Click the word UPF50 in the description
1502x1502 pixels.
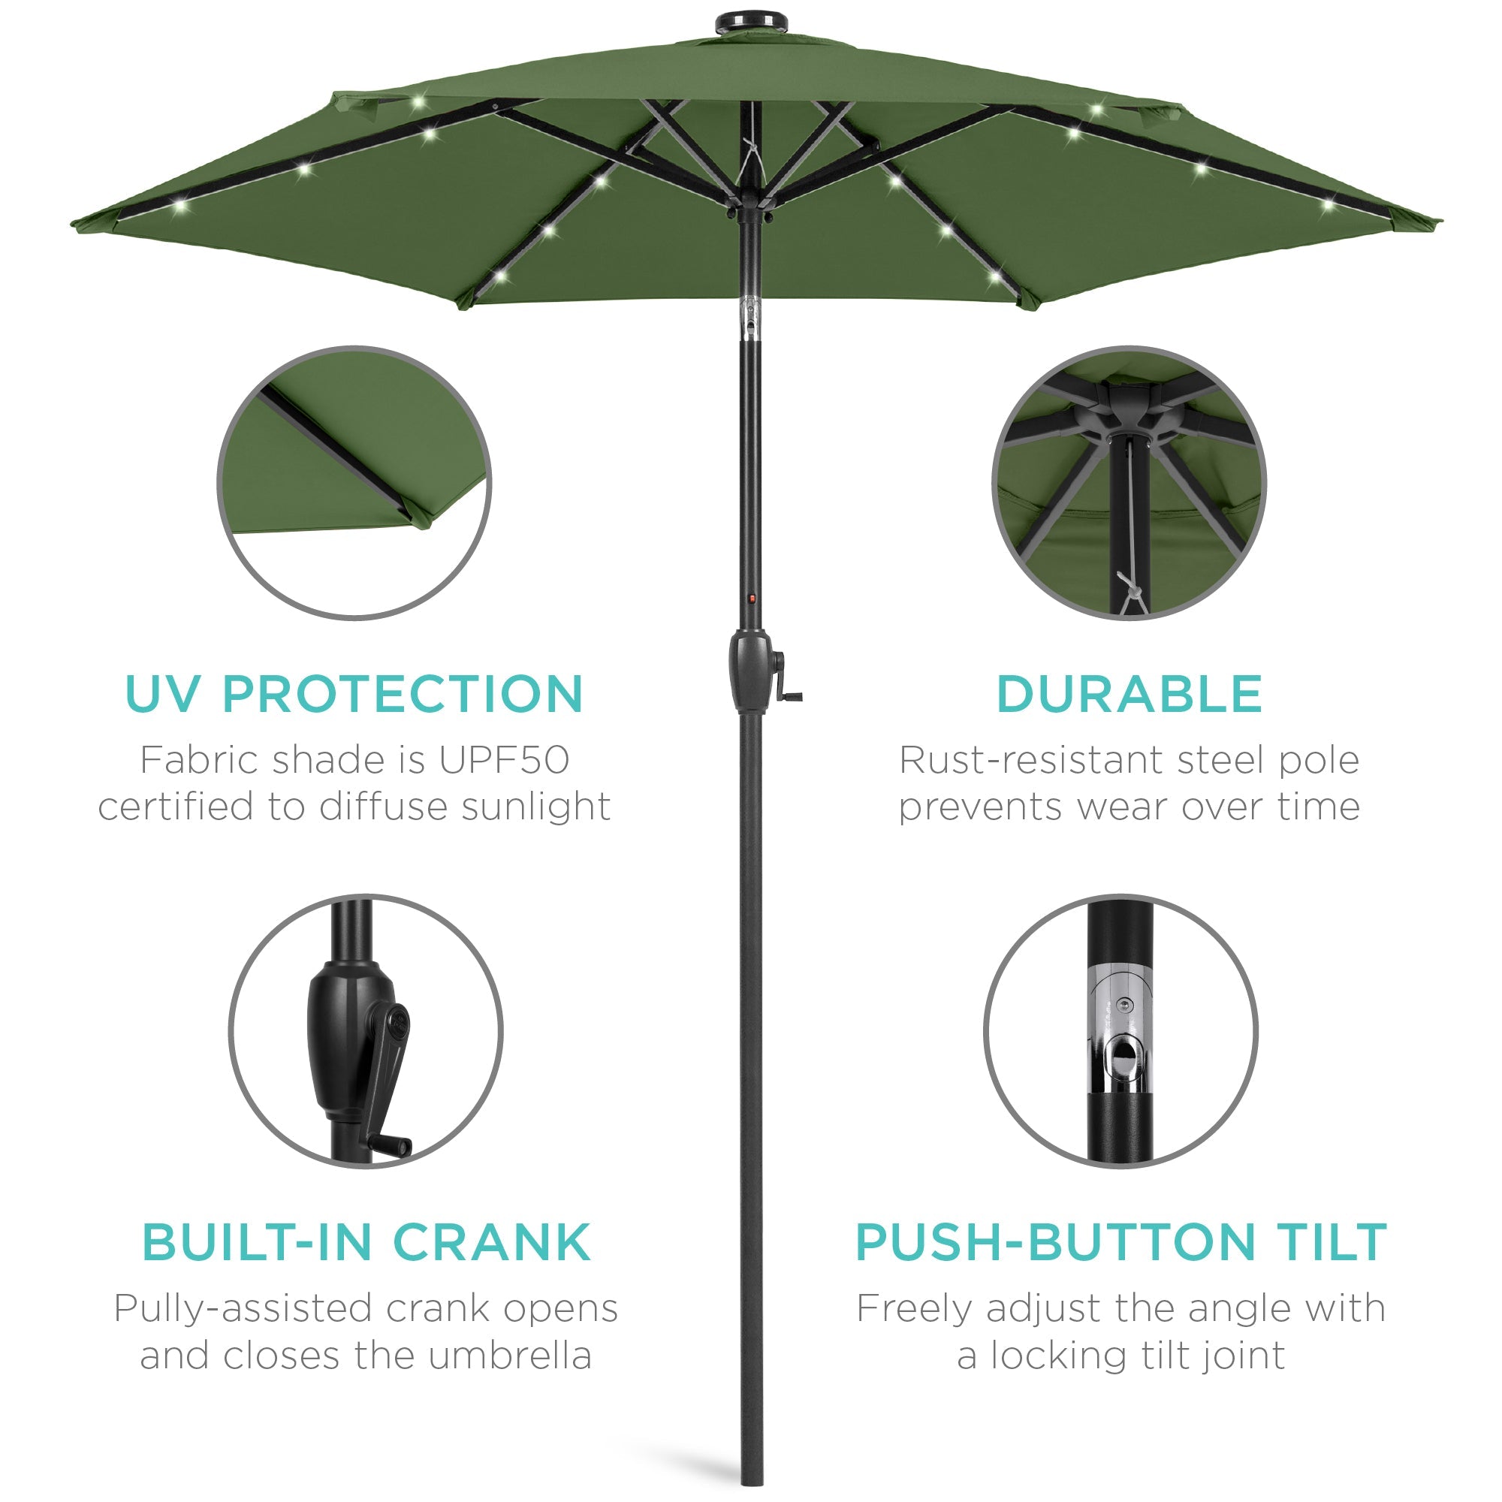504,760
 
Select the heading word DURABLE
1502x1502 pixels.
1129,694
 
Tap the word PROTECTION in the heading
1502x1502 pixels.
403,694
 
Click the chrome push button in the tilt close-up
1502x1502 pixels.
1122,1057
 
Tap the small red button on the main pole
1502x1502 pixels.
752,599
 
